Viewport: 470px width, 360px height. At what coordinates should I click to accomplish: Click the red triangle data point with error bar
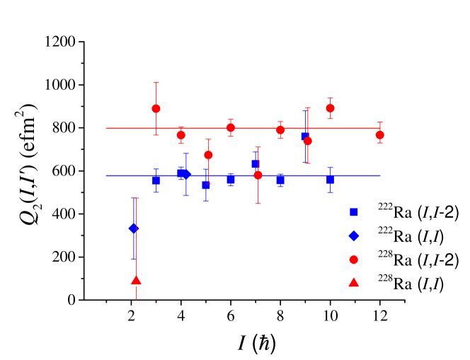(136, 280)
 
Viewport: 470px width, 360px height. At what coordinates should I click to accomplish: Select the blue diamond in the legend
(353, 236)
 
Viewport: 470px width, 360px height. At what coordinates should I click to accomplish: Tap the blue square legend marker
(353, 211)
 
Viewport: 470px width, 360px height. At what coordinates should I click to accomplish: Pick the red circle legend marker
(353, 260)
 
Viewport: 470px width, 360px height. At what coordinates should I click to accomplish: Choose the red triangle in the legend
(353, 283)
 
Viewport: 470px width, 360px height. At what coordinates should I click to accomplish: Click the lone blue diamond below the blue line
(133, 228)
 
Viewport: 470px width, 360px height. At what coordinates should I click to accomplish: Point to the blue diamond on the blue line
(186, 174)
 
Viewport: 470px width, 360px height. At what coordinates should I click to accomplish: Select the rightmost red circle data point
(379, 134)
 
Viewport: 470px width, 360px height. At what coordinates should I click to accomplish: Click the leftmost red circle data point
(156, 108)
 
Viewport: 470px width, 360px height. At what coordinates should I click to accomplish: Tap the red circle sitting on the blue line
(258, 175)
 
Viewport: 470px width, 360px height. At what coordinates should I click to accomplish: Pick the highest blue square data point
(304, 137)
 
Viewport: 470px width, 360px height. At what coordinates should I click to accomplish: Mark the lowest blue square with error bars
(206, 185)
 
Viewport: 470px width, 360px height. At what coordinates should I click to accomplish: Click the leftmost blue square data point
(156, 180)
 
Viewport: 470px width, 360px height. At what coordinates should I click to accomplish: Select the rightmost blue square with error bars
(330, 180)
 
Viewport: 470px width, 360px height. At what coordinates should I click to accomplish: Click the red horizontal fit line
(340, 128)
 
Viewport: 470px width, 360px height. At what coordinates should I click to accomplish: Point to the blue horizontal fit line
(354, 175)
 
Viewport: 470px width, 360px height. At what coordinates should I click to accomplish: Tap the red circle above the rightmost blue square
(330, 108)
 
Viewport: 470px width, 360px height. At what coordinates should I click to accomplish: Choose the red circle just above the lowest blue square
(208, 155)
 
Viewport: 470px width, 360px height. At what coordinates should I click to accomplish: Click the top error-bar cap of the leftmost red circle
(156, 83)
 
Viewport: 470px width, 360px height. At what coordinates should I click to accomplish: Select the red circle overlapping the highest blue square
(308, 141)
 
